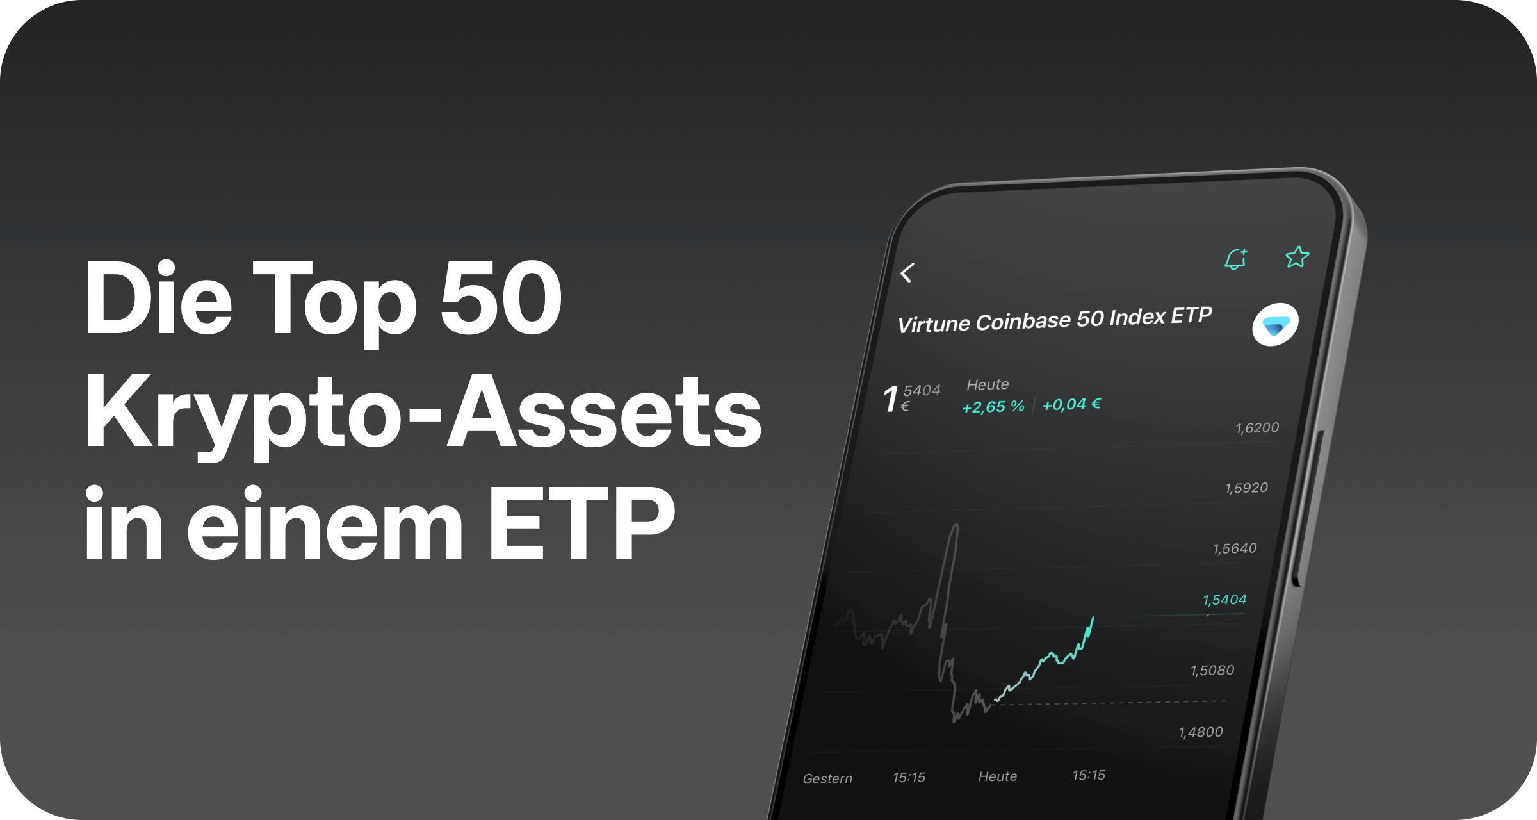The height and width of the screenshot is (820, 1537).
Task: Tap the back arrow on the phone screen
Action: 907,273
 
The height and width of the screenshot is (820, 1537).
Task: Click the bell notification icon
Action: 1236,259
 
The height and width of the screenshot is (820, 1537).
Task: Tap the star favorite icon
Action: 1297,257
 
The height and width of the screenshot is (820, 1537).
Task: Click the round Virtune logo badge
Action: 1275,325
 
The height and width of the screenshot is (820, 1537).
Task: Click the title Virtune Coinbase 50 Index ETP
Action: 1055,320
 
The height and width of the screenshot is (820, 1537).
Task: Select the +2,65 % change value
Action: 993,407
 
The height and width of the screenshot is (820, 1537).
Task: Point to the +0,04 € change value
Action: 1071,404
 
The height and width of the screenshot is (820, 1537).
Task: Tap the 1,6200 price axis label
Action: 1257,428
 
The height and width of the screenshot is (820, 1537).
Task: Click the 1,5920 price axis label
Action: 1246,488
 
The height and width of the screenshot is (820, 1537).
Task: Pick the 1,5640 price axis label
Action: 1235,548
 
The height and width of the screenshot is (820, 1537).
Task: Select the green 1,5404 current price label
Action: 1224,600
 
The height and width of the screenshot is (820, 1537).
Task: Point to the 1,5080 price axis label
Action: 1212,671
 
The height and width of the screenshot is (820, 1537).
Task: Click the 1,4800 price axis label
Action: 1201,732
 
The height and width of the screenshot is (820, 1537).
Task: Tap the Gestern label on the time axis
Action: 827,778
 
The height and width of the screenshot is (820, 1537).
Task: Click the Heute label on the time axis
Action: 998,776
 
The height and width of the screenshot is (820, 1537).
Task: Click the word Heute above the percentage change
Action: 988,384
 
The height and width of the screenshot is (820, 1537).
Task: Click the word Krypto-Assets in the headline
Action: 423,411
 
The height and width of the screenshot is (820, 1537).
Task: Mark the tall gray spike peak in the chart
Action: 956,525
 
